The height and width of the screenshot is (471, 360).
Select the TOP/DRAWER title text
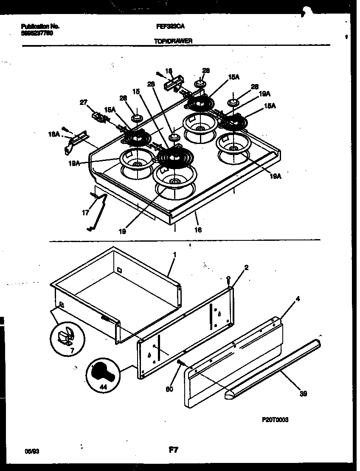pos(173,41)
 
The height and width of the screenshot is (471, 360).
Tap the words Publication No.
pos(40,26)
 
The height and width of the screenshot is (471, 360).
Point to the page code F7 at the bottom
pos(173,451)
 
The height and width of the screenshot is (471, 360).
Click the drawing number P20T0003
pos(275,420)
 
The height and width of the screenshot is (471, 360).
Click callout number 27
pos(83,102)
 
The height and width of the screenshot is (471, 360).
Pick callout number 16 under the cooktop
pos(197,230)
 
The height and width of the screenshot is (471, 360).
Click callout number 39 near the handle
pos(303,394)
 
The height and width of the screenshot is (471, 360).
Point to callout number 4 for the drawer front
pos(298,299)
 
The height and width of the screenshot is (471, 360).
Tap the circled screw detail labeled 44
pos(102,374)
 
